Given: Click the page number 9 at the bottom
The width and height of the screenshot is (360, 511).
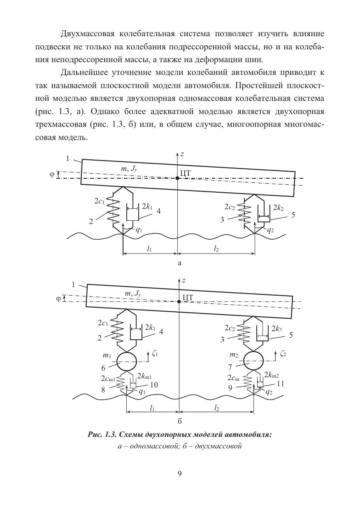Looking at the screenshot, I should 180,474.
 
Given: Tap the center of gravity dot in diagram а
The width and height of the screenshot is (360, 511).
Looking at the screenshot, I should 177,178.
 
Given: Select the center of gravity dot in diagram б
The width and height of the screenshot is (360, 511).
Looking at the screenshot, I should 179,301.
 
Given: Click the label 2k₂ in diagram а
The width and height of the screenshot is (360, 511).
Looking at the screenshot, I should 278,208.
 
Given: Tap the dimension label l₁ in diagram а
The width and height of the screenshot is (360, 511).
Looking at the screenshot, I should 150,248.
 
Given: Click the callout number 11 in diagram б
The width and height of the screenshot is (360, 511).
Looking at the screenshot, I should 281,384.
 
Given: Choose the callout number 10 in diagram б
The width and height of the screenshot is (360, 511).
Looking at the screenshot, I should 154,385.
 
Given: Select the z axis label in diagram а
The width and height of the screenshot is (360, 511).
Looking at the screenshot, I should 182,154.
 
